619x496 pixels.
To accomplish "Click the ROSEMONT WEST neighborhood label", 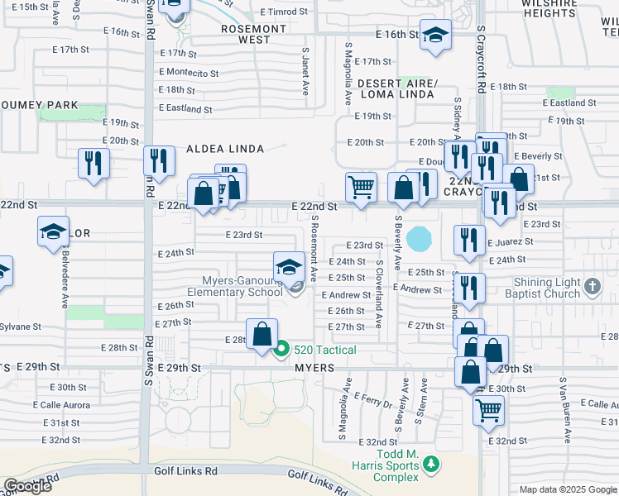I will coord(254,33).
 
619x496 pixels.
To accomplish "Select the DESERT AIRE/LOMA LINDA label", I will coord(396,88).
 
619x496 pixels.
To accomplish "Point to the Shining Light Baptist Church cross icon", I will coord(592,287).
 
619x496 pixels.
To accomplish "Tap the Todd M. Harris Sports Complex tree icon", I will coord(430,466).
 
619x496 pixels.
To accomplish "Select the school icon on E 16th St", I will coord(435,36).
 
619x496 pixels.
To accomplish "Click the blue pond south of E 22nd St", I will coord(420,239).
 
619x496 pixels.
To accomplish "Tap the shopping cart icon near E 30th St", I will coord(488,408).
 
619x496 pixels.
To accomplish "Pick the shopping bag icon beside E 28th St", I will coord(262,336).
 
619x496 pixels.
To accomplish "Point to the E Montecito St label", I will coord(189,73).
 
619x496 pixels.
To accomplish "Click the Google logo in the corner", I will coord(27,486).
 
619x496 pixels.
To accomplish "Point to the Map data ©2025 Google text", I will coord(569,489).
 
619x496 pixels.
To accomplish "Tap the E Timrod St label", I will coord(283,12).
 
